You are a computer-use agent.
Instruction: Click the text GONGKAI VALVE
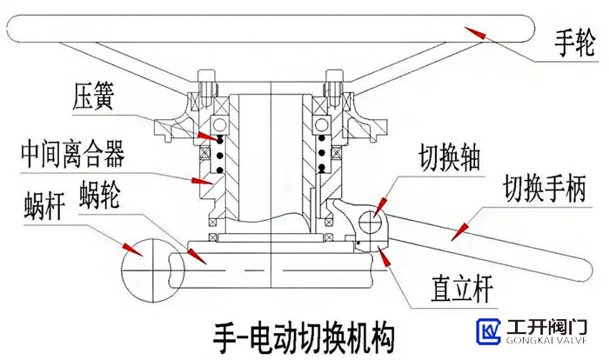tap(548, 343)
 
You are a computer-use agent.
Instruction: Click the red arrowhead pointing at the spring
tap(205, 137)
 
